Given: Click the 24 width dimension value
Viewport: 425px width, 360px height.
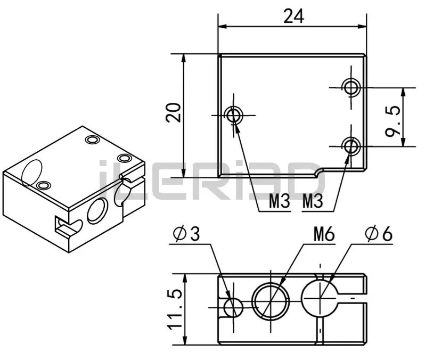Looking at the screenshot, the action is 294,16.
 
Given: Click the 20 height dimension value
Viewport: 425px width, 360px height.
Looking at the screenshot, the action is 174,112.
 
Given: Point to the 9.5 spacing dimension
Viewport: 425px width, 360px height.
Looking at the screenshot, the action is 393,121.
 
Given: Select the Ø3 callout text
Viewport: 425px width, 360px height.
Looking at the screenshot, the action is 186,233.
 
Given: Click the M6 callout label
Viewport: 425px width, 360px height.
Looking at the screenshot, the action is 324,234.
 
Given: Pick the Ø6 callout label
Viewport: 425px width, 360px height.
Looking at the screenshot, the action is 379,233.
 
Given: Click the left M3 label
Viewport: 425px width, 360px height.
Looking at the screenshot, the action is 280,201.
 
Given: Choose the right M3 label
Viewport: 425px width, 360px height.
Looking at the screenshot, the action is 313,201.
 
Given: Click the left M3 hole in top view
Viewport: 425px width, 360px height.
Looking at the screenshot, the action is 234,115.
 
